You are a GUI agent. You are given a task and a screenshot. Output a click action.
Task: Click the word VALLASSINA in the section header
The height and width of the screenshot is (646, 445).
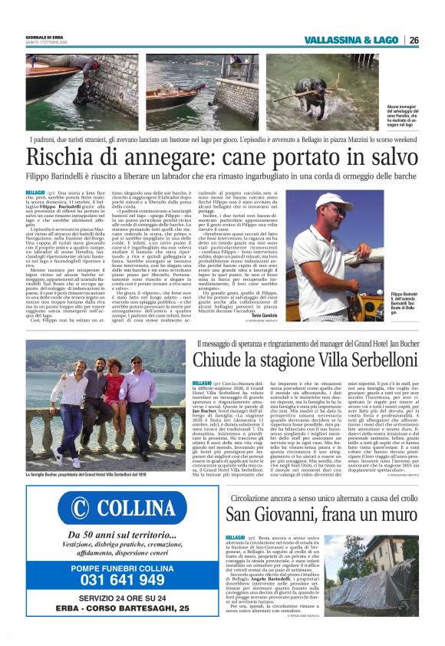pos(336,40)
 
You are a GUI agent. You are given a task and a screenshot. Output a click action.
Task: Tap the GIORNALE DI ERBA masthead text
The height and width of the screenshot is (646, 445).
pos(44,35)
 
